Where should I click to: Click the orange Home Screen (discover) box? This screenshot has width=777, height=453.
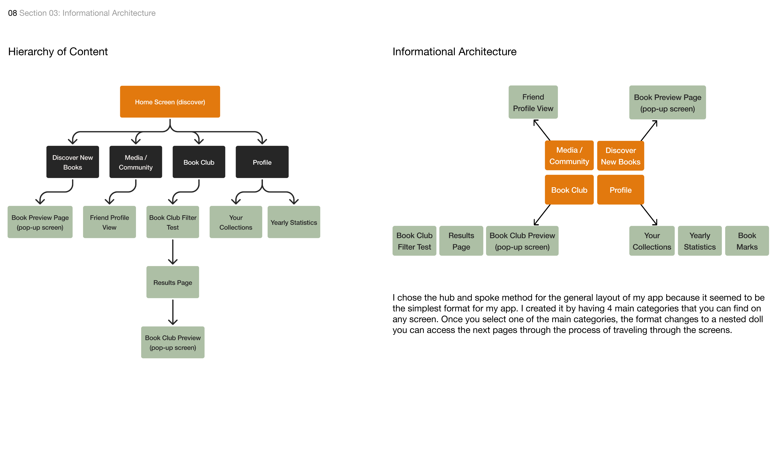[170, 102]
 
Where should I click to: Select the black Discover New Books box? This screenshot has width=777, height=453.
[72, 162]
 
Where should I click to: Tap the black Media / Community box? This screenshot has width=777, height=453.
[136, 162]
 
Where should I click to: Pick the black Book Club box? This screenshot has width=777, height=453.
[199, 162]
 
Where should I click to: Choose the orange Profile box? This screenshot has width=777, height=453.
[620, 190]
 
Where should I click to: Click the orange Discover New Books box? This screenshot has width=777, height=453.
[620, 156]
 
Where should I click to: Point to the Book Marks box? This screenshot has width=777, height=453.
[747, 241]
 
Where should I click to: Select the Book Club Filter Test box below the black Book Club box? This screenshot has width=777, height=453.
[173, 222]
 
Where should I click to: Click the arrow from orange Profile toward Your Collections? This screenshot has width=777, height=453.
[649, 215]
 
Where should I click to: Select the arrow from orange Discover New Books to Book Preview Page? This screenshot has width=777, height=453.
[649, 130]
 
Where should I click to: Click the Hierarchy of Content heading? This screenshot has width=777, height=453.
[58, 51]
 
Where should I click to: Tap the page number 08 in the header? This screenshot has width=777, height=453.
[12, 13]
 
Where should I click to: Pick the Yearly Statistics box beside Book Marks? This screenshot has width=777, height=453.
[700, 241]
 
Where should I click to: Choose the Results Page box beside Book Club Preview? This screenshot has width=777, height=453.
[461, 241]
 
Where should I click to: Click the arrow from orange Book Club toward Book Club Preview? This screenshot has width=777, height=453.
[542, 215]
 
